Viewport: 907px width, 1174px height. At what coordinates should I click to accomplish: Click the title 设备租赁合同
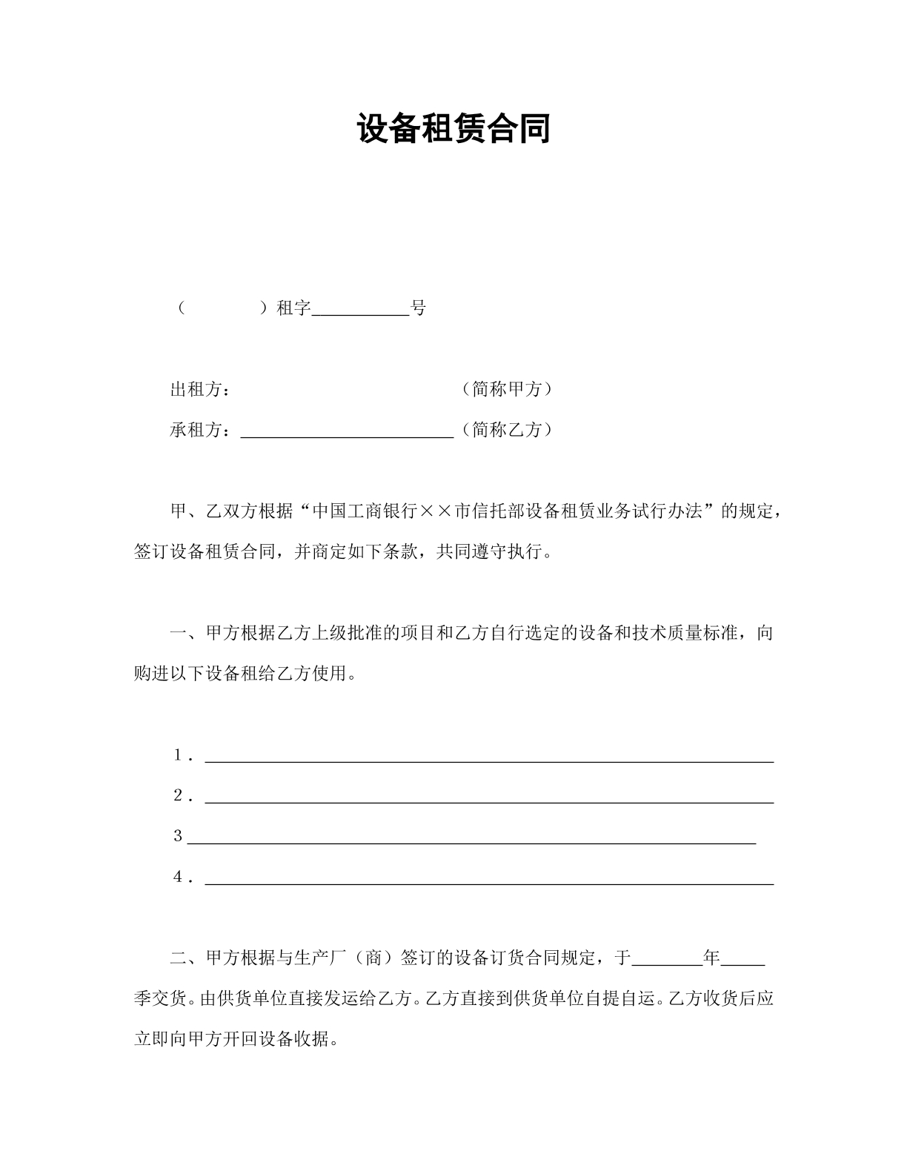coord(453,129)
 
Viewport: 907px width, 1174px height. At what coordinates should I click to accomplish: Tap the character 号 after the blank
coord(419,308)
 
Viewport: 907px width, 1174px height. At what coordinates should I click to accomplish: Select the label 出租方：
coord(200,389)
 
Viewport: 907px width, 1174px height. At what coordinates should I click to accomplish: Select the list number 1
coord(179,755)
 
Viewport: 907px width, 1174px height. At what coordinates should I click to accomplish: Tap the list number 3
coord(178,836)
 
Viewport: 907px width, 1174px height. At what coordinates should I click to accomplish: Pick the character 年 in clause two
coord(711,958)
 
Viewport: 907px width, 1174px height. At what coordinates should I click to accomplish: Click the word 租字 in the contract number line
coord(293,308)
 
